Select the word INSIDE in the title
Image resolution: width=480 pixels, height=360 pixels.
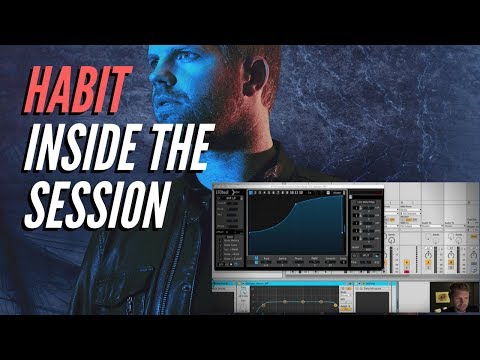(x=79, y=146)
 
